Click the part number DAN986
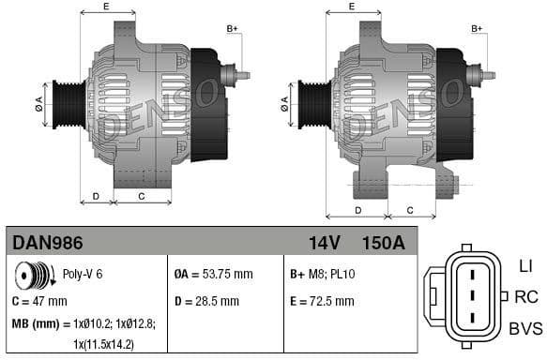pos(48,243)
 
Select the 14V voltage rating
pos(324,243)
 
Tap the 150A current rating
pos(383,243)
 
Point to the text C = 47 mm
pos(39,302)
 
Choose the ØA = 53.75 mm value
pos(214,275)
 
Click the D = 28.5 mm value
pos(206,302)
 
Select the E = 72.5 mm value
pos(322,302)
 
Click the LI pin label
pos(525,266)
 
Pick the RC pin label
pos(525,297)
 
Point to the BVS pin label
pos(525,328)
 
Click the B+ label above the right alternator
pos(478,29)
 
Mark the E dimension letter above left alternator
pos(105,7)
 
